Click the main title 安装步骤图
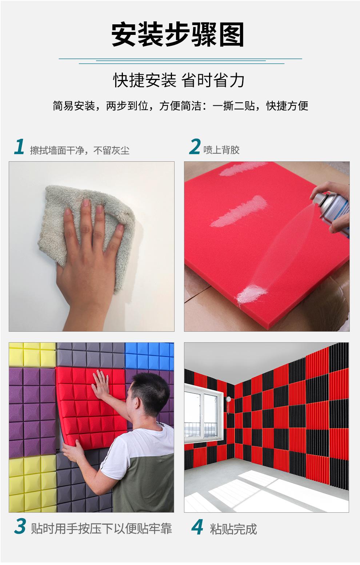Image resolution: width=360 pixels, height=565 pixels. coord(178,35)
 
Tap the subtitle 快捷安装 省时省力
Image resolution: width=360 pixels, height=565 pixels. coord(179,80)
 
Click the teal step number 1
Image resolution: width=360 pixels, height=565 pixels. coord(19,146)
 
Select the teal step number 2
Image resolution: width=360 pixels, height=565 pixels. coord(195,146)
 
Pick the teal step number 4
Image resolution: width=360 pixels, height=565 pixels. coord(197,526)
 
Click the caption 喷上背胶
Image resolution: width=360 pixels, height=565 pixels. coord(221,150)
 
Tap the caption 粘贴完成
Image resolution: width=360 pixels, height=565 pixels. coord(233,529)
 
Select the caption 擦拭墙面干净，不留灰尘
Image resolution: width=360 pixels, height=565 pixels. coord(80,150)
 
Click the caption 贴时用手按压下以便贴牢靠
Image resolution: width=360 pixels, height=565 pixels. coord(101,529)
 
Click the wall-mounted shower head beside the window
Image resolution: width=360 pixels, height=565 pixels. coord(229,400)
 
